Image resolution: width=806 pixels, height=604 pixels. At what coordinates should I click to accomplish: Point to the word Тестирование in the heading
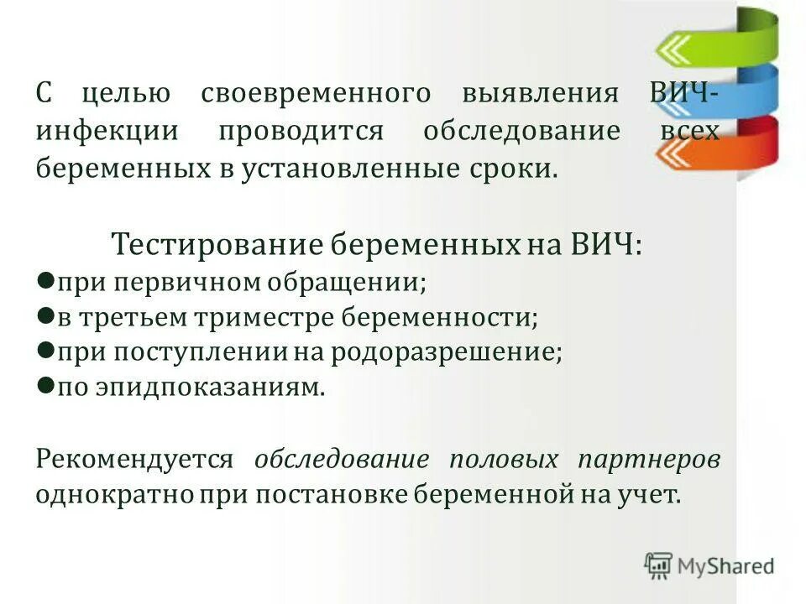pos(217,244)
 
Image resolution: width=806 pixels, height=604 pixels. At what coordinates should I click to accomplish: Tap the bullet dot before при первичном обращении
pos(46,279)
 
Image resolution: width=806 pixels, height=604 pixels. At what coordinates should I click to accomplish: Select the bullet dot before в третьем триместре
pos(46,315)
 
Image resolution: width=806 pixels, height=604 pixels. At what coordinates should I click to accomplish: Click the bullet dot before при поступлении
pos(46,351)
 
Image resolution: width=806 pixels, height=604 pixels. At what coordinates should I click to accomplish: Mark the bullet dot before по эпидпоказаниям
pos(46,386)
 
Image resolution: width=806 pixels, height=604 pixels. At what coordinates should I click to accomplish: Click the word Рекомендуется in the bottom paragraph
pos(134,459)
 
